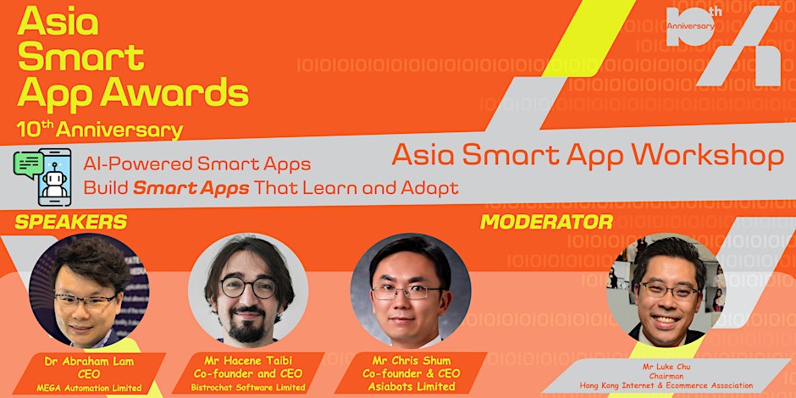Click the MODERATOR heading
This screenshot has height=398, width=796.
click(546, 222)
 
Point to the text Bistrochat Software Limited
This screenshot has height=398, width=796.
click(247, 388)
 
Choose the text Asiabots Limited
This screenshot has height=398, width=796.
click(411, 387)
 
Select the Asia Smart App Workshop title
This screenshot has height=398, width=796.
click(587, 155)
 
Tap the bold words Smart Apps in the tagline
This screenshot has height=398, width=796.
click(191, 187)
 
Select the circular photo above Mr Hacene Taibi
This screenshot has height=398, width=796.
click(247, 290)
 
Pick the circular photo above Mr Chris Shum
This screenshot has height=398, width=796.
click(411, 290)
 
